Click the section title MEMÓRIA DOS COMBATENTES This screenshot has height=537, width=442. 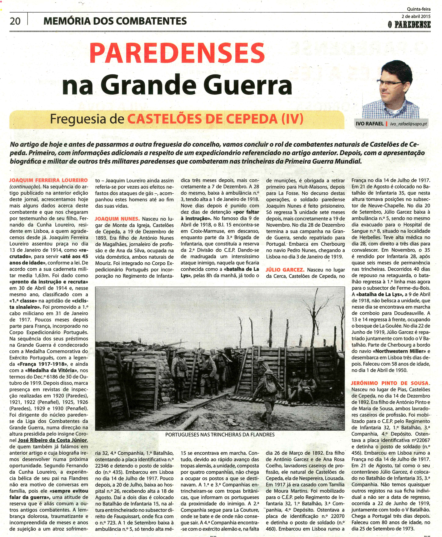point(115,21)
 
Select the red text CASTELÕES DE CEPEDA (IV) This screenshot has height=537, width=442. point(215,119)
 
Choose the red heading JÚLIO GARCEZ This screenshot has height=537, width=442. point(285,270)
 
